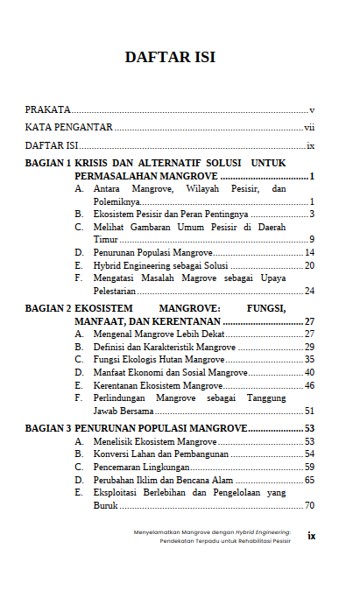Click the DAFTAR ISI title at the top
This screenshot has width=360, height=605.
pyautogui.click(x=170, y=58)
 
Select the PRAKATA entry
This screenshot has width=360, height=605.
pyautogui.click(x=48, y=110)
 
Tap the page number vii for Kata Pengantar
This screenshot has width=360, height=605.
pyautogui.click(x=308, y=128)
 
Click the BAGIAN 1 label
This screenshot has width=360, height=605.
pyautogui.click(x=48, y=164)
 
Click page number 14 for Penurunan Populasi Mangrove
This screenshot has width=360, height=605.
pyautogui.click(x=309, y=252)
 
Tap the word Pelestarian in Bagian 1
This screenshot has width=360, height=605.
pyautogui.click(x=116, y=291)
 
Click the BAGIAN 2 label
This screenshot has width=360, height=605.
pyautogui.click(x=48, y=309)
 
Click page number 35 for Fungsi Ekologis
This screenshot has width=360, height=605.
pyautogui.click(x=309, y=360)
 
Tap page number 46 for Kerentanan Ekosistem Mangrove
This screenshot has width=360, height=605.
pyautogui.click(x=309, y=385)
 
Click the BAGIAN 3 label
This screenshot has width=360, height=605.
pyautogui.click(x=48, y=429)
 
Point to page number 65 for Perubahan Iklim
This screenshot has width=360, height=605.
pyautogui.click(x=309, y=480)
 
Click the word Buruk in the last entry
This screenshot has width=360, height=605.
pyautogui.click(x=105, y=506)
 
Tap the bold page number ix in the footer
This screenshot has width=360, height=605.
pyautogui.click(x=311, y=535)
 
